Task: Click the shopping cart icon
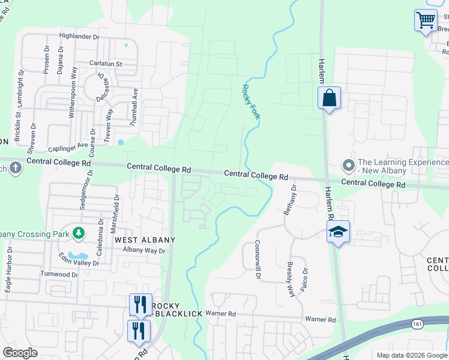tap(426, 20)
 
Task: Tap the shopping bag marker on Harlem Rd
tap(329, 98)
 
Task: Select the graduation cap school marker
tap(338, 232)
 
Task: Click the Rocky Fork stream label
tap(250, 101)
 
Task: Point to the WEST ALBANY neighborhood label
tap(145, 240)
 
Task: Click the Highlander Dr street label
tap(79, 37)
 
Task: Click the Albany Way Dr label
tap(143, 251)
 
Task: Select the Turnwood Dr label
tap(59, 274)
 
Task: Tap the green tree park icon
tap(77, 232)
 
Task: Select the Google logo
tap(20, 353)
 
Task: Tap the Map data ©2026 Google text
tap(411, 355)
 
